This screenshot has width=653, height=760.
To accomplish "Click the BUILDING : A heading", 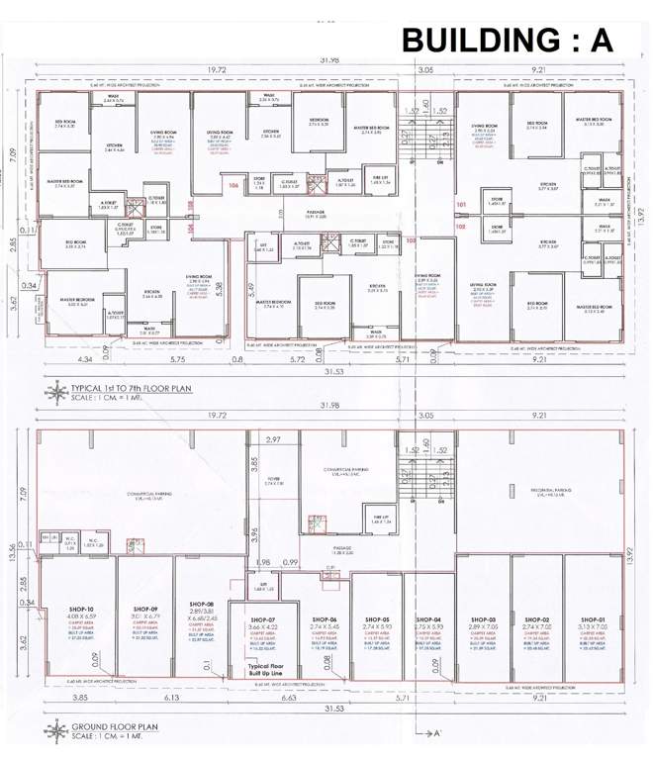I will pos(508,41).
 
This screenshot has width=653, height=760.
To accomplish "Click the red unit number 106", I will pos(233,186).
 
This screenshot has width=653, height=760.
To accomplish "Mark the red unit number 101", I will pos(462,206).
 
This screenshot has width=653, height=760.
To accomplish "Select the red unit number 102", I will pos(462,226).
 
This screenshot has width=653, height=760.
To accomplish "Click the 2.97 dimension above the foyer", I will pos(274,439).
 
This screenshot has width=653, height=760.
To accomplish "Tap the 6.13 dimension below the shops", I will pos(171,698).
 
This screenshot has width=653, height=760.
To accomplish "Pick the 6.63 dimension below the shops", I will pos(289,698).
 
